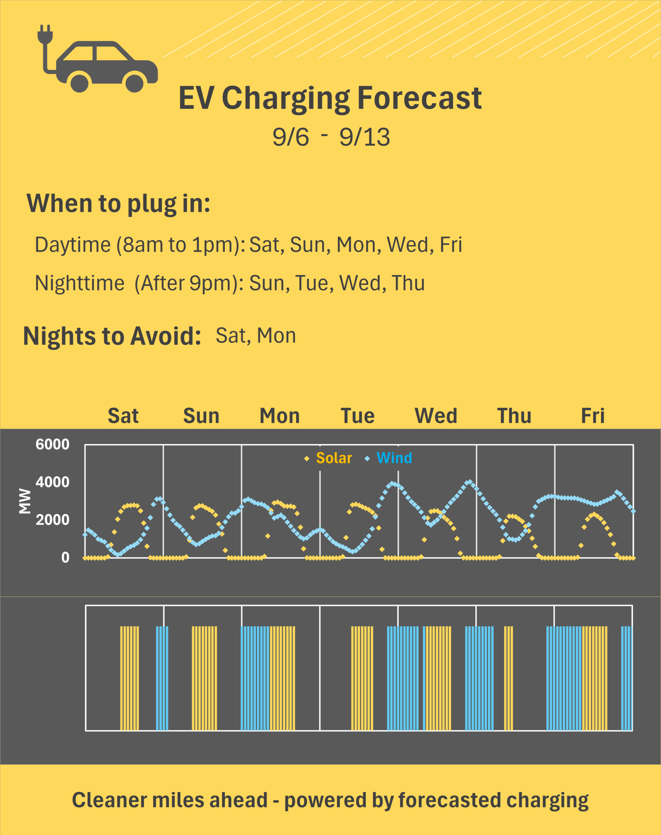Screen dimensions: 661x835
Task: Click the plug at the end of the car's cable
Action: (45, 34)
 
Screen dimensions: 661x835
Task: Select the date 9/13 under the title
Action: (364, 137)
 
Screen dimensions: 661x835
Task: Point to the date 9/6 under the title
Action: (291, 137)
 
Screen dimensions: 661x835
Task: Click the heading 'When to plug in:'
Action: (118, 204)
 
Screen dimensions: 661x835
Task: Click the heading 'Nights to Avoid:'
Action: (112, 336)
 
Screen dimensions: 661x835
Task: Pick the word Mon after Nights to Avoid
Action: (276, 336)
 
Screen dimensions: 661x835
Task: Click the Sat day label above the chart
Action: (123, 416)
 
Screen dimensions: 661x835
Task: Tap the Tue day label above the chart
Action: (358, 416)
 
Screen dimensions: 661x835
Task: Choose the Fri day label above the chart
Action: (592, 416)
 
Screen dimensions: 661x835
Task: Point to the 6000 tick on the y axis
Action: (52, 444)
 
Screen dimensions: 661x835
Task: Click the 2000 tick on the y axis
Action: (52, 520)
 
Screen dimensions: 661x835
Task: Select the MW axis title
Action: (25, 501)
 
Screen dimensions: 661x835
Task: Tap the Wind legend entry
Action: (388, 458)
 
